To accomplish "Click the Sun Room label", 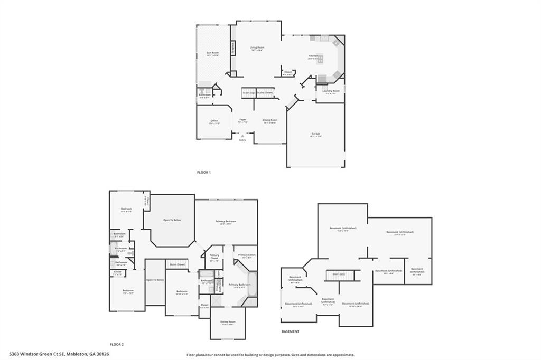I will [212, 53].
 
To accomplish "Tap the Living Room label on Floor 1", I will [257, 48].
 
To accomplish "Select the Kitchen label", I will [313, 56].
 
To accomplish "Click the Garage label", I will [315, 134].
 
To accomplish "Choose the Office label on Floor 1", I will [214, 121].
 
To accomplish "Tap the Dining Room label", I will [270, 120].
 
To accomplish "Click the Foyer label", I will [243, 120].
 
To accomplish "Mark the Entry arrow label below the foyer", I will [242, 139].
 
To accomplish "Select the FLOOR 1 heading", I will [204, 173].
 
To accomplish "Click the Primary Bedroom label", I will [226, 221].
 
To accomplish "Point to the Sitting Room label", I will [228, 321].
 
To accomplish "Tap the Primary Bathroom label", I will [239, 285].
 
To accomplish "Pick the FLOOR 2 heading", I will [116, 344].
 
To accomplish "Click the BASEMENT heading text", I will [290, 331].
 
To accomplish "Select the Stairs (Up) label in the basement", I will [339, 274].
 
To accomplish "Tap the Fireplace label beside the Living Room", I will [232, 48].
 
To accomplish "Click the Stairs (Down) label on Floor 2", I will [177, 264].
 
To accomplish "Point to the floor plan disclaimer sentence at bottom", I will [270, 355].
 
